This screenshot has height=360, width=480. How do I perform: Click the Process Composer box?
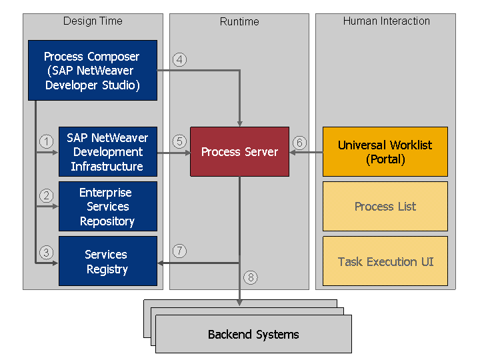point(93,71)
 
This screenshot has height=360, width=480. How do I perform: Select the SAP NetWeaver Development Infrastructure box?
point(107,152)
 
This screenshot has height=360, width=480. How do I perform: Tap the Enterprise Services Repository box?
point(107,207)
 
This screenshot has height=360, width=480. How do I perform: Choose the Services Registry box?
point(107,261)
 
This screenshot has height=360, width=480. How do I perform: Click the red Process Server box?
point(239,152)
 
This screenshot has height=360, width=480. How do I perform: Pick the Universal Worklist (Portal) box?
point(385,152)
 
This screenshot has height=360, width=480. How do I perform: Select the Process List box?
point(385,207)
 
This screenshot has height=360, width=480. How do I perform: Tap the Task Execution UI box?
point(385,261)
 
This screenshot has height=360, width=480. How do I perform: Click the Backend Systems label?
point(253,335)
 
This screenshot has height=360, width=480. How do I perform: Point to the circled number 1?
point(46,141)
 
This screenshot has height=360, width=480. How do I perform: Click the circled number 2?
point(46,196)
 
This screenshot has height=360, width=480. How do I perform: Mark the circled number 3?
point(46,252)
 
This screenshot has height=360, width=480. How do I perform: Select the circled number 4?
point(179,60)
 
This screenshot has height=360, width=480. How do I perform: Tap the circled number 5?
point(179,141)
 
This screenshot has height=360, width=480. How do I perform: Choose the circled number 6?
point(300,142)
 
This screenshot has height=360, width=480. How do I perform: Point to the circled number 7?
point(179,251)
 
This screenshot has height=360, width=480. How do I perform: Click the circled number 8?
point(250,277)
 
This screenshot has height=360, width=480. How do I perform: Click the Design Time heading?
point(93,21)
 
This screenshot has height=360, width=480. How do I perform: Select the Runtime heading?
point(239,22)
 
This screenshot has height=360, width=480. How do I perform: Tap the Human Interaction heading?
point(386,21)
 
